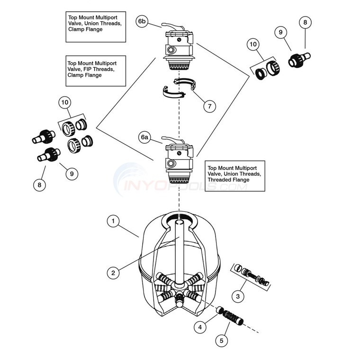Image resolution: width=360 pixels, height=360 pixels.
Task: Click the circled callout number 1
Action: tap(113, 220)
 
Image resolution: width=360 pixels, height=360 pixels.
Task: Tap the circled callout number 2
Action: tap(113, 272)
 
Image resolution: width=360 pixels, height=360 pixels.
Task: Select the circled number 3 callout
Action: tap(239, 297)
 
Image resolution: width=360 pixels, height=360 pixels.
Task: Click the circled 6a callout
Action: tap(145, 137)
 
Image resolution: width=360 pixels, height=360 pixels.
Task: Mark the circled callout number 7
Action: tap(209, 106)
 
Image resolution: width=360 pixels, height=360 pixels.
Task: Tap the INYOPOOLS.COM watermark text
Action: tap(185, 186)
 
